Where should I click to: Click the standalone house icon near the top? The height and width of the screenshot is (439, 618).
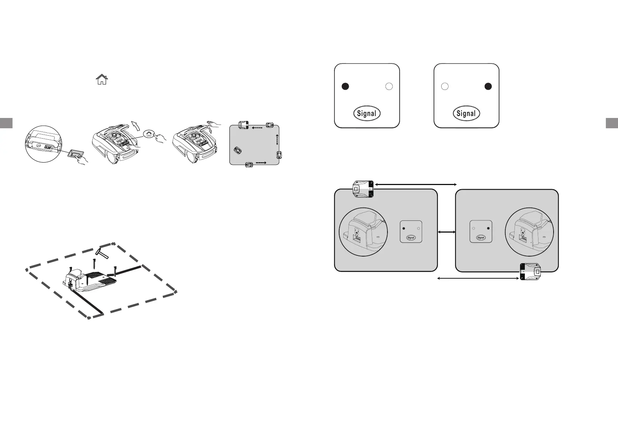pyautogui.click(x=102, y=80)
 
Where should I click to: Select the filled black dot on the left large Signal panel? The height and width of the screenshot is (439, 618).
pyautogui.click(x=345, y=86)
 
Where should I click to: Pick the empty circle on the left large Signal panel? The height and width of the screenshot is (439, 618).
pyautogui.click(x=389, y=86)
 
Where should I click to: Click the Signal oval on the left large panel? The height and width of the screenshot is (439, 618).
pyautogui.click(x=367, y=114)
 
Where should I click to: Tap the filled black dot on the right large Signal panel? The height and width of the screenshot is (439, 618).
pyautogui.click(x=488, y=86)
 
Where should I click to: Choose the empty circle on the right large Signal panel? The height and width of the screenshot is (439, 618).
pyautogui.click(x=445, y=86)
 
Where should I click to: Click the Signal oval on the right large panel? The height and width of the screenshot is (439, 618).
pyautogui.click(x=466, y=114)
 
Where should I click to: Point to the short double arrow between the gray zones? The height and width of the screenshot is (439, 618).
pyautogui.click(x=446, y=232)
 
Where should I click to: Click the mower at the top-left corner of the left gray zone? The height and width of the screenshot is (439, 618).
pyautogui.click(x=364, y=189)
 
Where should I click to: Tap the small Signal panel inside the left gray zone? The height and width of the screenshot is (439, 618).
pyautogui.click(x=411, y=232)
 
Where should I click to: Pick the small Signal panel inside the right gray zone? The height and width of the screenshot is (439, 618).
pyautogui.click(x=481, y=232)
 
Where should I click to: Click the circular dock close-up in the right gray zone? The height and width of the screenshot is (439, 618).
pyautogui.click(x=529, y=232)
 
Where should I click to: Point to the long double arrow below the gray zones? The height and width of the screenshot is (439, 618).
pyautogui.click(x=478, y=279)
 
